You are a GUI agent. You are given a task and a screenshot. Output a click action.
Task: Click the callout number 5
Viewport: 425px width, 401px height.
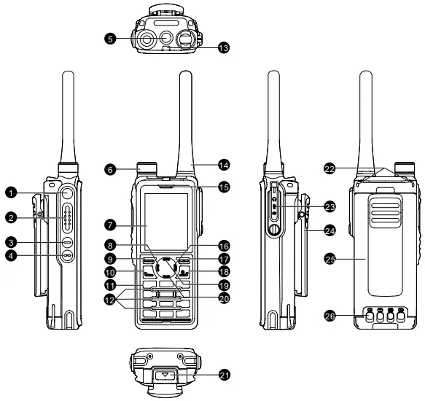[x=109, y=39]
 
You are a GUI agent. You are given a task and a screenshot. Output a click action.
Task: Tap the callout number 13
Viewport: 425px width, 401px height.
[x=223, y=47]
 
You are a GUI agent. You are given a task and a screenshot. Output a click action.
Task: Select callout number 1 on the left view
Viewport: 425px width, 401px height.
[x=11, y=192]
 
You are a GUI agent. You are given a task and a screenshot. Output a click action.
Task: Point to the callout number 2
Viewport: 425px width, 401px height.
[x=11, y=217]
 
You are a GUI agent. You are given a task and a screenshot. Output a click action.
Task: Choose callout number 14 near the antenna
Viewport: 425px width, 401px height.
[x=223, y=164]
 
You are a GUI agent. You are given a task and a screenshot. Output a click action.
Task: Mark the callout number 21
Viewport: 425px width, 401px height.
[x=225, y=375]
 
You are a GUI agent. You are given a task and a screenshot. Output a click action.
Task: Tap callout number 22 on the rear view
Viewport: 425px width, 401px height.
[x=330, y=168]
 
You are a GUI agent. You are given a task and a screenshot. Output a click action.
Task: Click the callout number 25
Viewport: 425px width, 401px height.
[x=330, y=258]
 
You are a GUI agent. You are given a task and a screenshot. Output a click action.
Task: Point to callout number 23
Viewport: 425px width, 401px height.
[x=330, y=206]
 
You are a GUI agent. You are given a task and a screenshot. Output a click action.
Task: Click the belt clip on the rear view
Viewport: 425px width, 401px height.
[x=385, y=219]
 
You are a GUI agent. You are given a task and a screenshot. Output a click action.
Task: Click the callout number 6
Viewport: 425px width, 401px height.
[x=109, y=168]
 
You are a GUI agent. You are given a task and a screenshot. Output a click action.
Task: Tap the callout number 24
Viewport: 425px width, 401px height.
[x=330, y=231]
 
